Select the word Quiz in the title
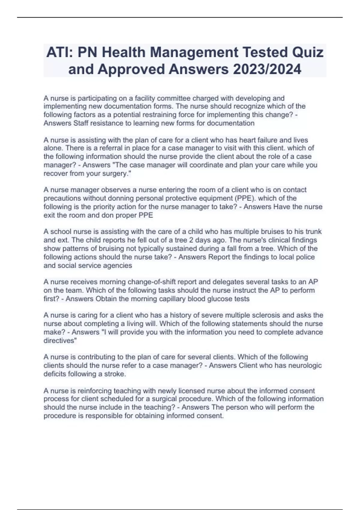point(308,52)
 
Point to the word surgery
point(116,173)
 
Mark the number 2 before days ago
point(191,240)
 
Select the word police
point(305,257)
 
